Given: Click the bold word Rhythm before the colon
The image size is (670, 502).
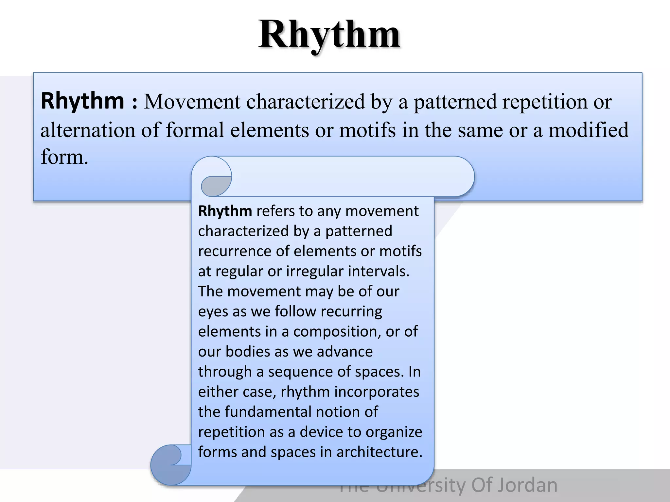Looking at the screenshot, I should [x=82, y=101].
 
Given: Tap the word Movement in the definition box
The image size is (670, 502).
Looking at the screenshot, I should [x=192, y=102].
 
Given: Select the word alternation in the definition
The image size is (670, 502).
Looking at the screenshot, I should [x=87, y=130].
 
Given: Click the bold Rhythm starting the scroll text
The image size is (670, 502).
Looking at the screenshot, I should [x=225, y=211].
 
